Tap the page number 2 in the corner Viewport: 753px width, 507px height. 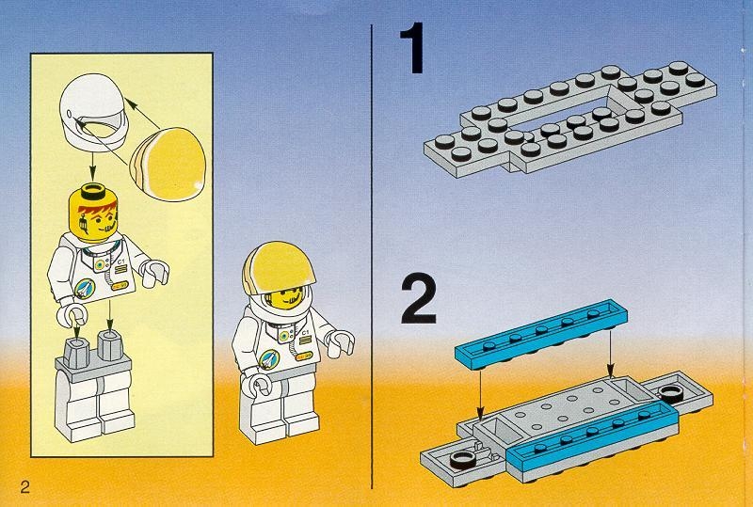(24, 485)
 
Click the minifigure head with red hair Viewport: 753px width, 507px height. (93, 212)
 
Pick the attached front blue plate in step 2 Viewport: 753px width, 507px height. (593, 436)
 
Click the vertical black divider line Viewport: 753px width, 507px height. (374, 254)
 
